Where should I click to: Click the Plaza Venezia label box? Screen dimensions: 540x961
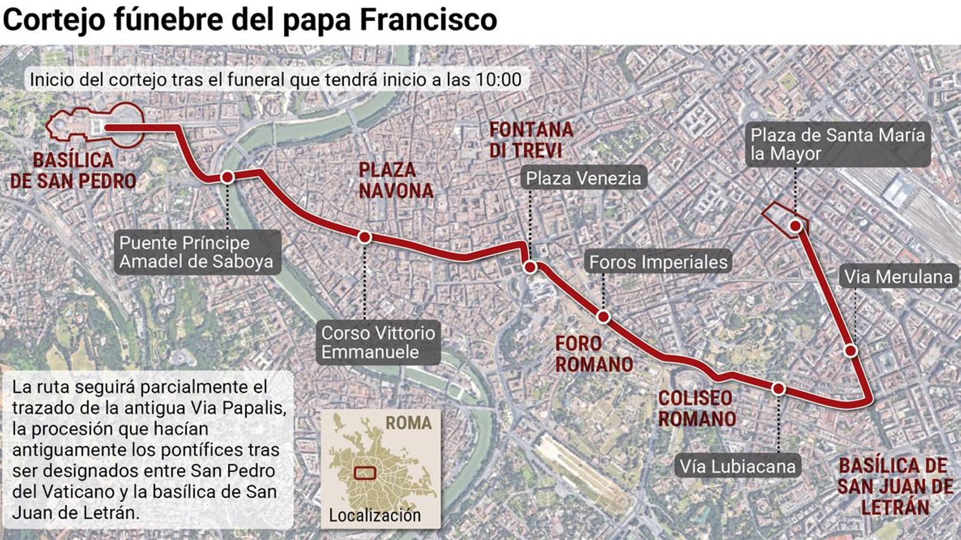[583, 178]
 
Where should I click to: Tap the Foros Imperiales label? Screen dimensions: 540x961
[658, 262]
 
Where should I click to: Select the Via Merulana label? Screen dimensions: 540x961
[898, 277]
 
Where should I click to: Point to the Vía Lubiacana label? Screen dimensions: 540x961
[738, 466]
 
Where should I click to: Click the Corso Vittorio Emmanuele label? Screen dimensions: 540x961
[378, 343]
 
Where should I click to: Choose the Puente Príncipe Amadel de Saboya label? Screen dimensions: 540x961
[196, 252]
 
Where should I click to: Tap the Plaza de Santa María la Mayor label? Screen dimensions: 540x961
[837, 145]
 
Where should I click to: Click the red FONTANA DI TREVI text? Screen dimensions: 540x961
[531, 140]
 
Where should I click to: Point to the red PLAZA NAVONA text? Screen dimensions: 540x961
[395, 180]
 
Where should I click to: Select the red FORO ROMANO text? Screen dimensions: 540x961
[593, 354]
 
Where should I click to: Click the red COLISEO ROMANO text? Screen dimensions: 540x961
[697, 408]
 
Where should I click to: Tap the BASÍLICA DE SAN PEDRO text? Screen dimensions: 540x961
[73, 171]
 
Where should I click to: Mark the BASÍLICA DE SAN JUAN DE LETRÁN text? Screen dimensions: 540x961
[895, 487]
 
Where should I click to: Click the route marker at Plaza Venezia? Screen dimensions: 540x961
[530, 267]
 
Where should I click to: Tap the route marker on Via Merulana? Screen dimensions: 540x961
[850, 351]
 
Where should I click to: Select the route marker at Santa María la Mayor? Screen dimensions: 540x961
[795, 226]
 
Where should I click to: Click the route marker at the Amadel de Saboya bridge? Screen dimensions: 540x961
[227, 177]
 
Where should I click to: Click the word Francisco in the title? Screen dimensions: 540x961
[428, 19]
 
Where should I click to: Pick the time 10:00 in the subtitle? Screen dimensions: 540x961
[499, 80]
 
